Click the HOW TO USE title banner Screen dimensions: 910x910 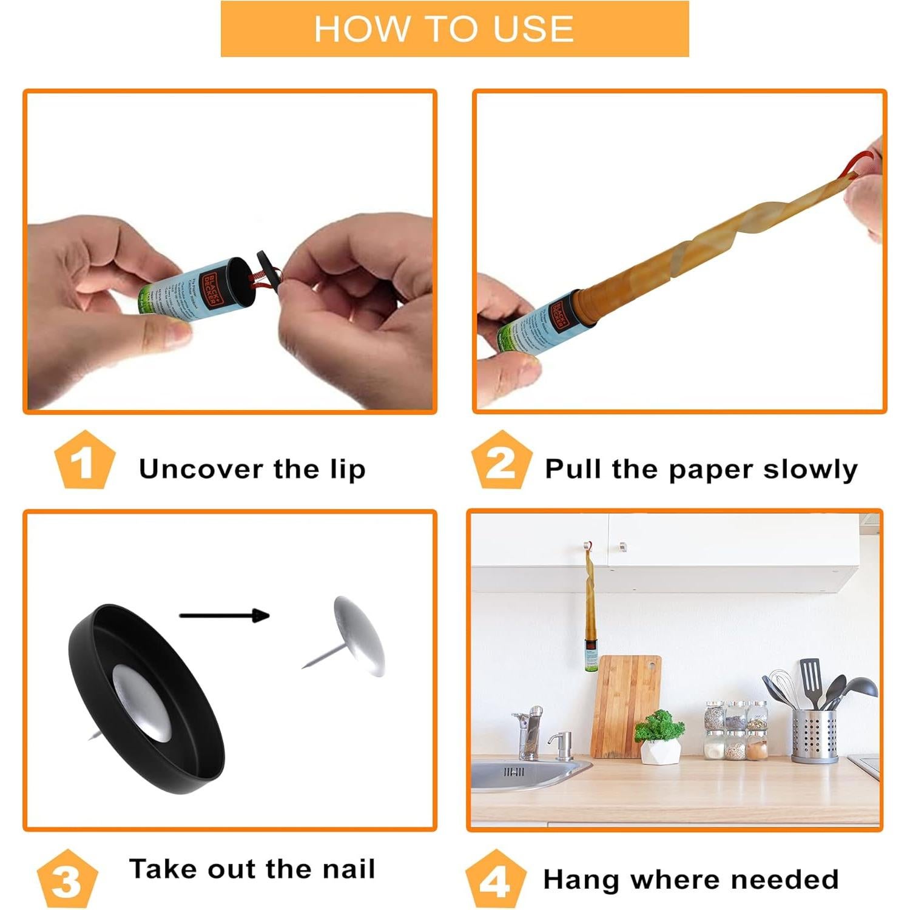[x=454, y=29]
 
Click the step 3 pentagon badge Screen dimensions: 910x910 [x=67, y=880]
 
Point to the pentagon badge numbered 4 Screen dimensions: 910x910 [x=495, y=880]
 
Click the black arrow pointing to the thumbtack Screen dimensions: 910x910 [x=224, y=616]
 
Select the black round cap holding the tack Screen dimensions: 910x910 [x=146, y=698]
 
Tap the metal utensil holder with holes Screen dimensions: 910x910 [x=815, y=734]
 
